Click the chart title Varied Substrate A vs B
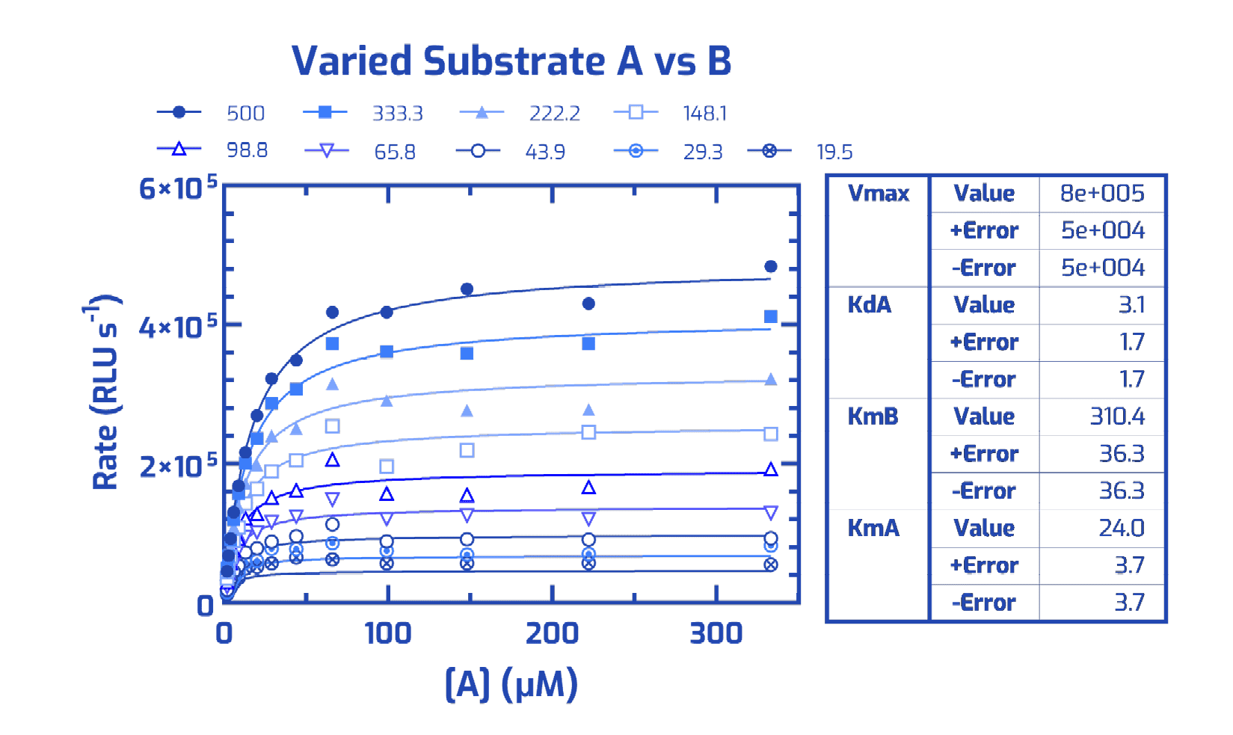[x=511, y=61]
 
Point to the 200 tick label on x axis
[x=552, y=633]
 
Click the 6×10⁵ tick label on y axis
[x=178, y=188]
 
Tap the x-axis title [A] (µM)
[x=511, y=683]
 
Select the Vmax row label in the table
[x=879, y=194]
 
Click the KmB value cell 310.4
[x=1116, y=416]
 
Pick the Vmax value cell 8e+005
[x=1102, y=194]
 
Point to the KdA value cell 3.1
[x=1131, y=305]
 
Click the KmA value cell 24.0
[x=1121, y=528]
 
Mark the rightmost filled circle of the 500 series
[x=771, y=266]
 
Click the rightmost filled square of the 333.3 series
[x=771, y=317]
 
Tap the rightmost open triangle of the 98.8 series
[x=771, y=470]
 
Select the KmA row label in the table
[x=873, y=528]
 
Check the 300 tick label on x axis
[x=716, y=633]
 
